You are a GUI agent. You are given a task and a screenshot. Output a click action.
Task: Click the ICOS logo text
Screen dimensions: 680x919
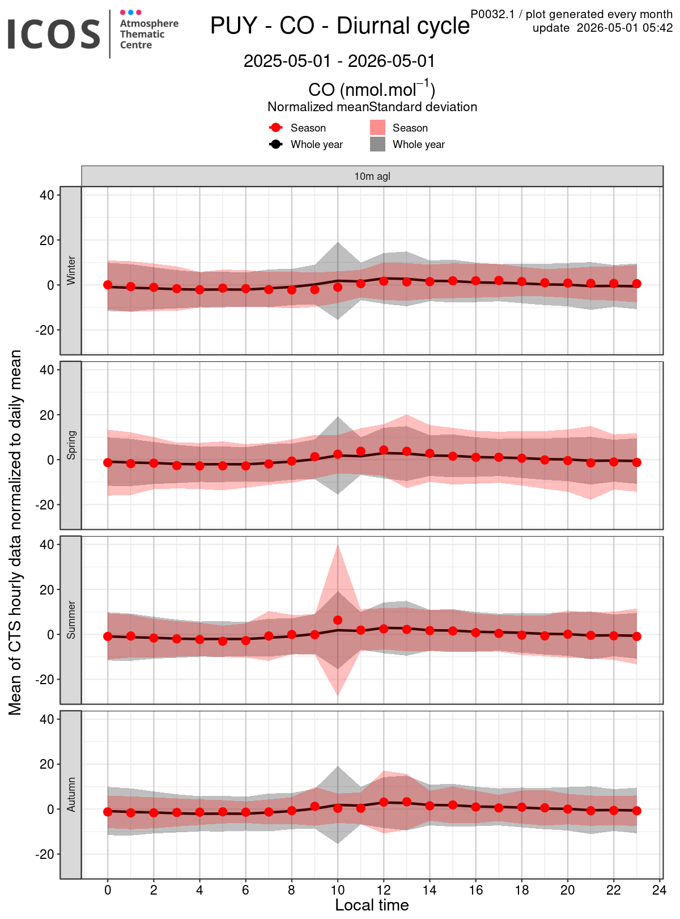tap(54, 35)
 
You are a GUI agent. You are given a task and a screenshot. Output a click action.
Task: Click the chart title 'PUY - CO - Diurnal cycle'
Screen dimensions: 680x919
tap(340, 26)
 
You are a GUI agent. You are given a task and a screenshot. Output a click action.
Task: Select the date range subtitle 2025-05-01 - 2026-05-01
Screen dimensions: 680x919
tap(339, 61)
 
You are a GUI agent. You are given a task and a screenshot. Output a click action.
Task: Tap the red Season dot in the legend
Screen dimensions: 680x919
tap(275, 128)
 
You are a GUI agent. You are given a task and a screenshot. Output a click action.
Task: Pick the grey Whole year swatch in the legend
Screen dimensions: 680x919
tap(377, 144)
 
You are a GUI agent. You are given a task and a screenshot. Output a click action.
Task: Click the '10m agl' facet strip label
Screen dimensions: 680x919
tap(372, 176)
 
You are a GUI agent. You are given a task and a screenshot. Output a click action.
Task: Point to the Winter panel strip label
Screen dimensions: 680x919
tap(71, 270)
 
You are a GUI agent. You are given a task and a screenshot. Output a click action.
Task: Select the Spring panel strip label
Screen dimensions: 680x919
tap(71, 445)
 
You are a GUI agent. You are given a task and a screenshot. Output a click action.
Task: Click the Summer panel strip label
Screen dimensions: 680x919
tap(71, 620)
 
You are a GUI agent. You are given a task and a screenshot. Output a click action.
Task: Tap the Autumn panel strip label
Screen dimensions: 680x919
tap(71, 794)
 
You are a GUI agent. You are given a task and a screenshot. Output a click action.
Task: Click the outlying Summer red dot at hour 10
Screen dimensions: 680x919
tap(338, 620)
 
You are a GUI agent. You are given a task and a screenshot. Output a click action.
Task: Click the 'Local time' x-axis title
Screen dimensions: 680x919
tap(372, 905)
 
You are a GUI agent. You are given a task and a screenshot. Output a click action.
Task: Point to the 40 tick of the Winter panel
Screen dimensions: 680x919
tap(47, 195)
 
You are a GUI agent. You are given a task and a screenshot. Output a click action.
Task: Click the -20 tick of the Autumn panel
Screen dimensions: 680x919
tap(45, 854)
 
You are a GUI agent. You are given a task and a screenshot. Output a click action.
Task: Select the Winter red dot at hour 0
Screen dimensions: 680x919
tap(108, 285)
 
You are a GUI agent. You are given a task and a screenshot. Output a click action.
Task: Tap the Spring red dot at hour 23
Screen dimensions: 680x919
tap(636, 462)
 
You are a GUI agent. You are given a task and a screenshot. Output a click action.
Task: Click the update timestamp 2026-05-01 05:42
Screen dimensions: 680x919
tap(624, 28)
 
